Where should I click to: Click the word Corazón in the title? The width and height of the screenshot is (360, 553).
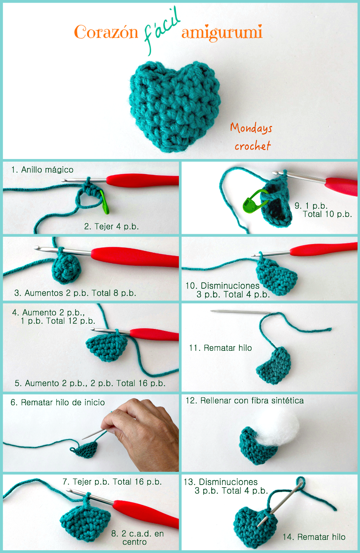(x=106, y=32)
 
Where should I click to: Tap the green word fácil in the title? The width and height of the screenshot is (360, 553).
(x=162, y=30)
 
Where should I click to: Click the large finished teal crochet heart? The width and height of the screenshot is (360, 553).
(x=174, y=106)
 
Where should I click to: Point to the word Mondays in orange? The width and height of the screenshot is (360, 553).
(x=251, y=128)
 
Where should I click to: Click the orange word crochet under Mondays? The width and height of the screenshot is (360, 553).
(x=253, y=145)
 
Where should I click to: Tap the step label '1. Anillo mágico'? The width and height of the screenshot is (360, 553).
(x=42, y=170)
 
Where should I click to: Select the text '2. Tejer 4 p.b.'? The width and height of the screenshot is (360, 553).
(x=111, y=226)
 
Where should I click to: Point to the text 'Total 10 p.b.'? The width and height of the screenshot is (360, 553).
(x=327, y=214)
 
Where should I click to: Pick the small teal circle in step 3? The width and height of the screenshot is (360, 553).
(x=67, y=270)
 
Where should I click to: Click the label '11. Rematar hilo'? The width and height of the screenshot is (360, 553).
(x=220, y=348)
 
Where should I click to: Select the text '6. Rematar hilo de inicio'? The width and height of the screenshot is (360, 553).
(x=57, y=402)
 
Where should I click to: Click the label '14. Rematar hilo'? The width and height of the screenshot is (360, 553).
(x=314, y=537)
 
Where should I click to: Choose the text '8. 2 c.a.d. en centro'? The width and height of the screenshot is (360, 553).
(x=138, y=538)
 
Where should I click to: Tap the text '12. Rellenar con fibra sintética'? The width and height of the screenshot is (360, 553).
(x=245, y=400)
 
